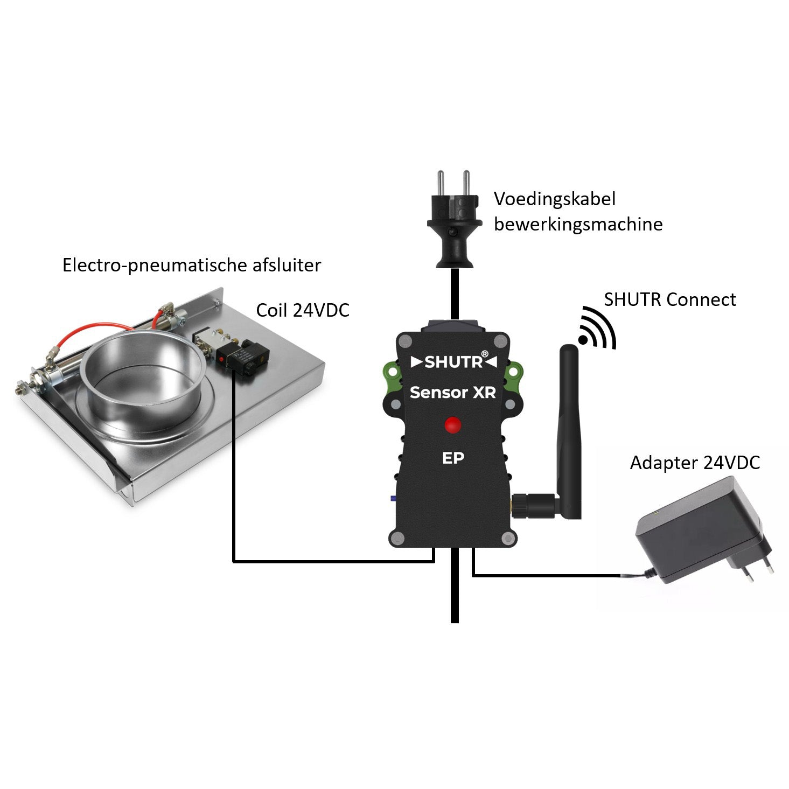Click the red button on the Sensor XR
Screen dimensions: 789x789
click(452, 425)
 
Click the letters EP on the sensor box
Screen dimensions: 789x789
click(453, 458)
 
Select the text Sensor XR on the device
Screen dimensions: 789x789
click(453, 392)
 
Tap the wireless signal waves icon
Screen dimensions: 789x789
click(597, 327)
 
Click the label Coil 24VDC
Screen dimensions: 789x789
click(303, 310)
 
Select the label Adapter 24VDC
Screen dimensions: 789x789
click(695, 463)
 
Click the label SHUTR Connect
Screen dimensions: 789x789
click(670, 299)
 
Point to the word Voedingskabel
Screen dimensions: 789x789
click(554, 199)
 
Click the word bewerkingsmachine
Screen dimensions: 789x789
click(578, 225)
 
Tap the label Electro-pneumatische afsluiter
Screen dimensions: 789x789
click(192, 266)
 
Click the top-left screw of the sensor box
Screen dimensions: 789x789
click(406, 340)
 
